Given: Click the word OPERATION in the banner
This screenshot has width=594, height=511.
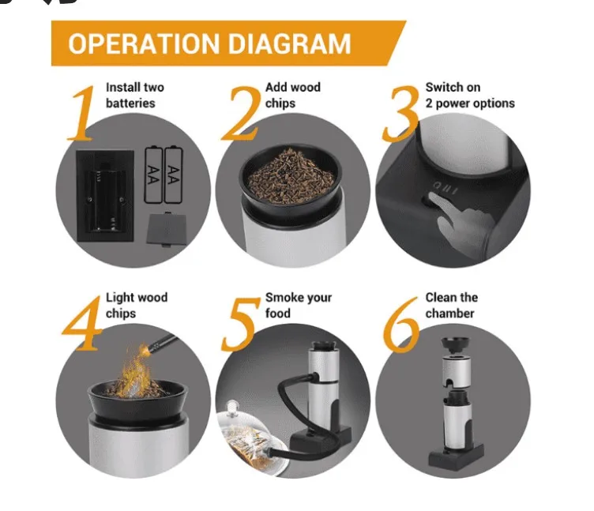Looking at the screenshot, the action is click(144, 43).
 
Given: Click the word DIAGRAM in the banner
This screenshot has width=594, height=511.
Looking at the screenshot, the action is click(289, 43).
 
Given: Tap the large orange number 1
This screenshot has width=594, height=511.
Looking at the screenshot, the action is click(81, 113).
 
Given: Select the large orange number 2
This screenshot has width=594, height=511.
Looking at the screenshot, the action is click(241, 113).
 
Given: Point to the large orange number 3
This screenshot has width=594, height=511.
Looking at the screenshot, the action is click(400, 114).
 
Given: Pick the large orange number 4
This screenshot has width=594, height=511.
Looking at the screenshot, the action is click(81, 324).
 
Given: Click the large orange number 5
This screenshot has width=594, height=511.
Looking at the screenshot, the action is click(240, 325).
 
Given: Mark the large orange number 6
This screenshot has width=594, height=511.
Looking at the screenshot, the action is click(400, 325).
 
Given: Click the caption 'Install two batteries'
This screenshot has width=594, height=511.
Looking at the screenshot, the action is click(135, 95).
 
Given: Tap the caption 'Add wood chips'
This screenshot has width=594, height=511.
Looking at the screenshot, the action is click(293, 95).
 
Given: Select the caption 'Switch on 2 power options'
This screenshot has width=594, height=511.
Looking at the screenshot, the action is click(470, 95).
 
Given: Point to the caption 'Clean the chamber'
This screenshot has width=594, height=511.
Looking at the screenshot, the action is click(451, 306).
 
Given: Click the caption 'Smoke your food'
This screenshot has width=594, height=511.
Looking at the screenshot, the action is click(299, 306).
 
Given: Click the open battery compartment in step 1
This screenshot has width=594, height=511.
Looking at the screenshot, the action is click(105, 196).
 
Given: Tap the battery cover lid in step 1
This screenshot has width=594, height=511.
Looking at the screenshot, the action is click(167, 229).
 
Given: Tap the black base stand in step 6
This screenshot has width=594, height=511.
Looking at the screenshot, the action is click(456, 457).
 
